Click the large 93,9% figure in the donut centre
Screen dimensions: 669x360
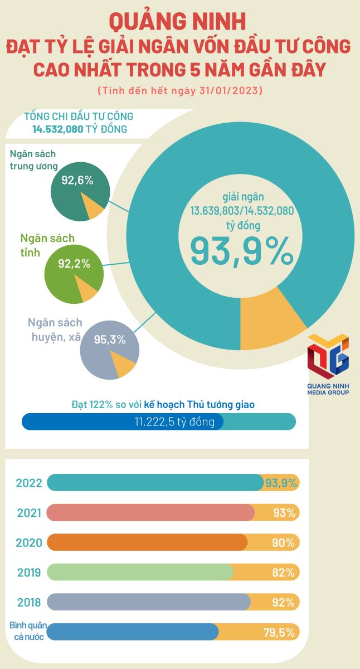click(242, 251)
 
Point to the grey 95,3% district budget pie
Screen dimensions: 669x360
click(109, 350)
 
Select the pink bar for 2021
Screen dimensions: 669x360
click(150, 512)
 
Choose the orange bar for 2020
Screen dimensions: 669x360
click(147, 542)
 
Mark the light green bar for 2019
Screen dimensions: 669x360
click(140, 572)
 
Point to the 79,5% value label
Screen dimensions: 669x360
click(279, 632)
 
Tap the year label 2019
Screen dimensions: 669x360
click(29, 573)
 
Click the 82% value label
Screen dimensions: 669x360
click(284, 573)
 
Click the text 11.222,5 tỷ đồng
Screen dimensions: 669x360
click(174, 421)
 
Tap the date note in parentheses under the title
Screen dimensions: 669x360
click(179, 90)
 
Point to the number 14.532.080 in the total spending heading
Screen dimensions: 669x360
click(58, 129)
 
